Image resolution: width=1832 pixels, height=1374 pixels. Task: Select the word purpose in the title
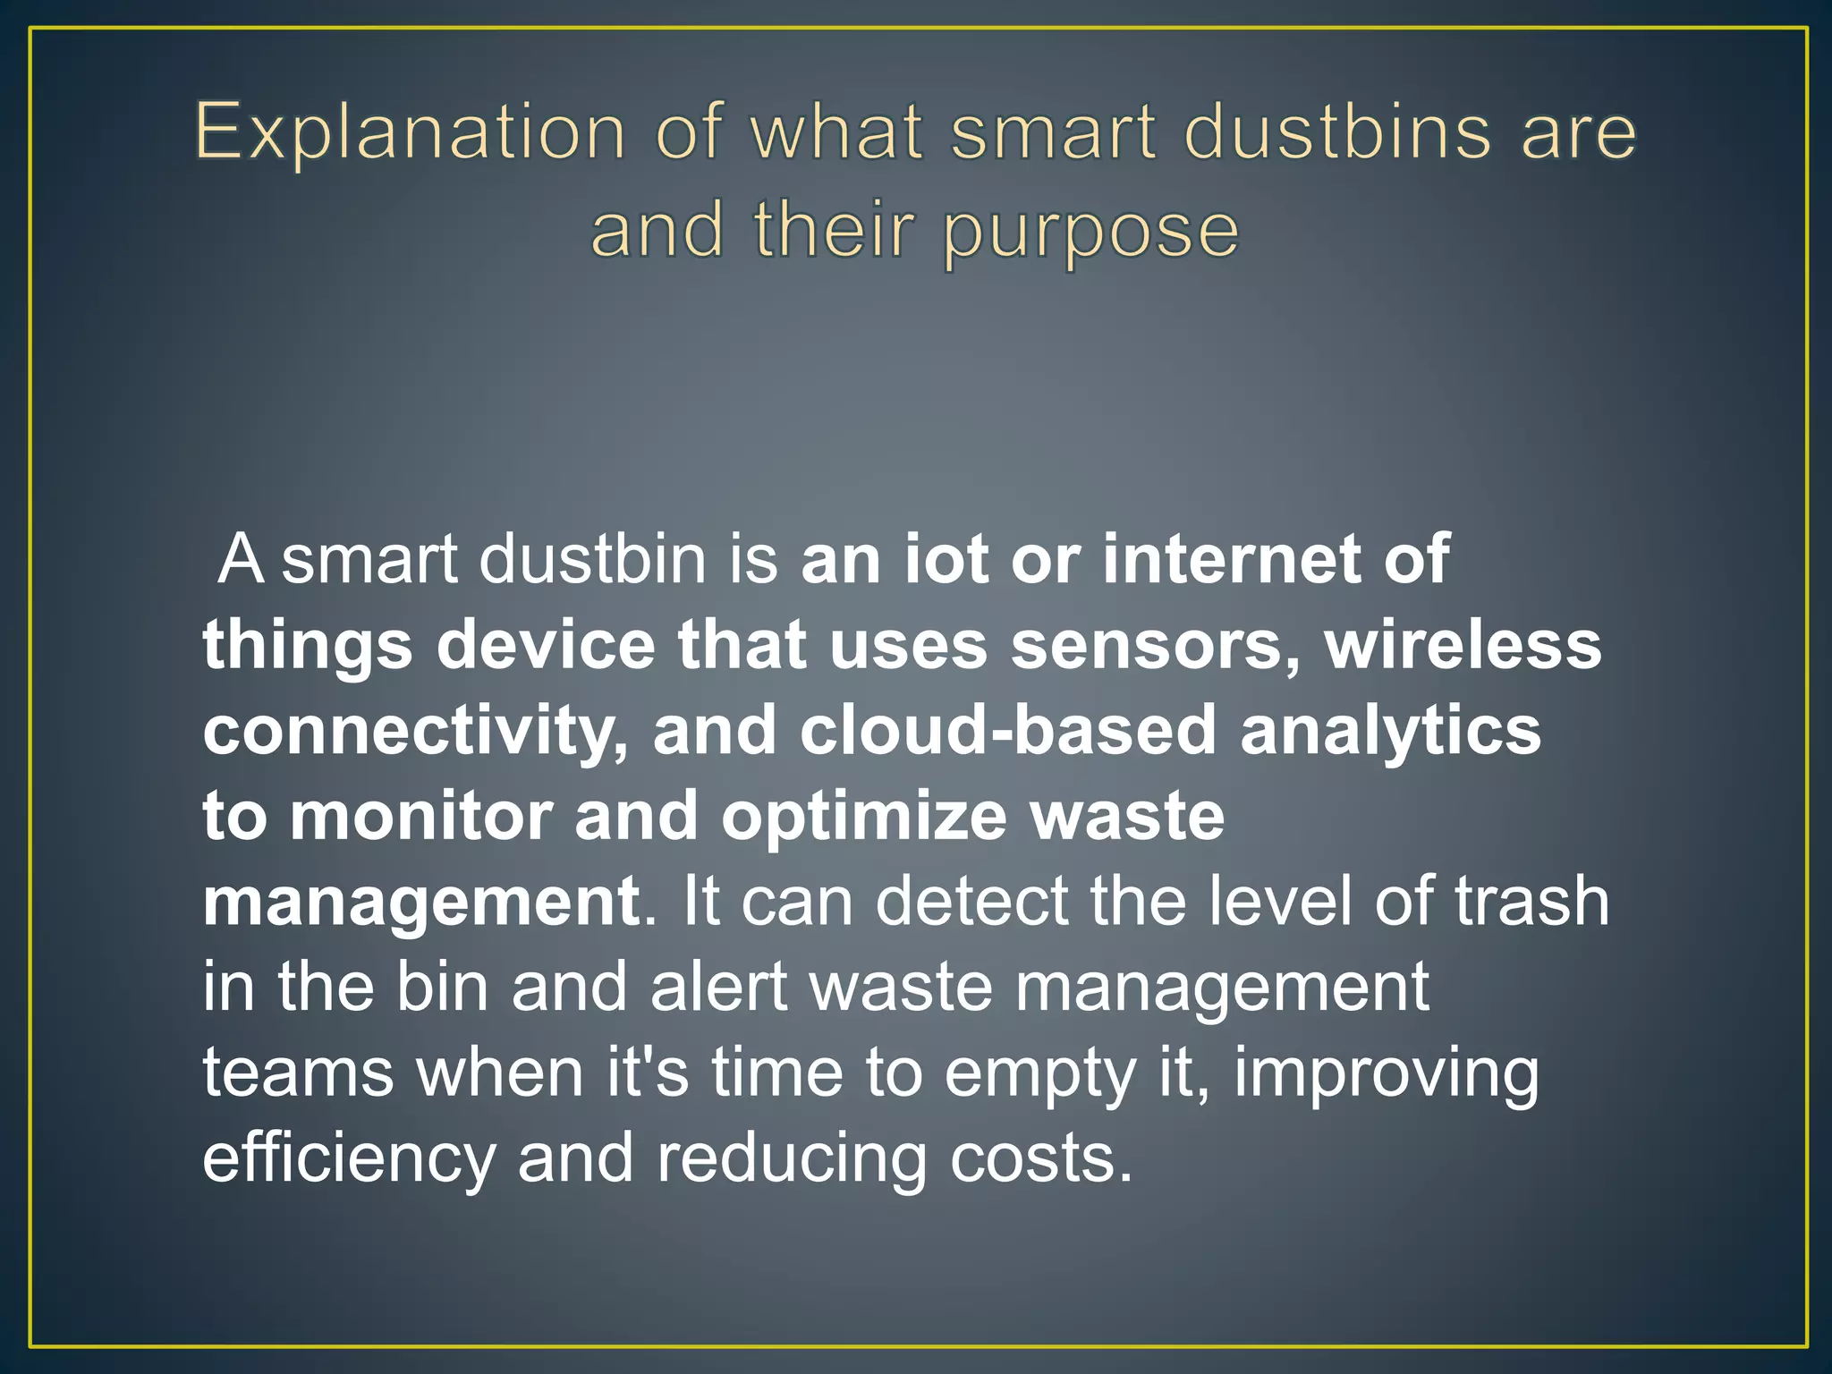click(1091, 231)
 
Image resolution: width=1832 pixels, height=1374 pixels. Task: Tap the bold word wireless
click(1463, 645)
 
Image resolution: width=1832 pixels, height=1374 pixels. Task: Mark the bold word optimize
click(864, 817)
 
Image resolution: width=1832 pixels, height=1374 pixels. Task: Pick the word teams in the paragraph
click(298, 1073)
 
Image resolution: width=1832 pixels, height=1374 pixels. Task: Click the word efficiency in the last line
click(349, 1159)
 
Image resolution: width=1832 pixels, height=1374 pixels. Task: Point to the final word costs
click(1041, 1159)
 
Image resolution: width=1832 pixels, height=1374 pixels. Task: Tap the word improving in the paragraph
click(1387, 1074)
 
